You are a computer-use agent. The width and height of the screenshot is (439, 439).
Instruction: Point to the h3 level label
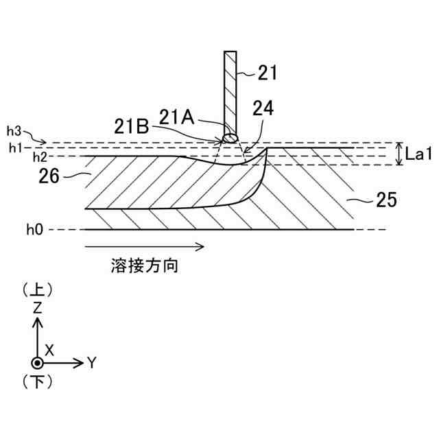click(14, 130)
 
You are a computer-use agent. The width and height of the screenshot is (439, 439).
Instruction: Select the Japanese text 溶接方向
click(144, 265)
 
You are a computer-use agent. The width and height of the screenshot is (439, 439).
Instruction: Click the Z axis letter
click(37, 307)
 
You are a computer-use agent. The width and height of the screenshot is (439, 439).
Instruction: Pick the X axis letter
click(49, 349)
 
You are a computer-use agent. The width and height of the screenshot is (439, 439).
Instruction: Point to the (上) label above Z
click(37, 289)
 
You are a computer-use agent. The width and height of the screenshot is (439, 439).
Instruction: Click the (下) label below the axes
click(37, 381)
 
